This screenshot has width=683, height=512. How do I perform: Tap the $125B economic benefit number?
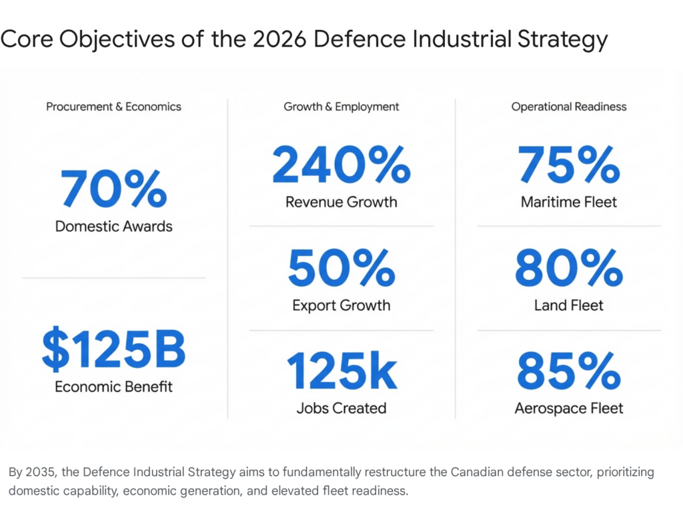pyautogui.click(x=113, y=351)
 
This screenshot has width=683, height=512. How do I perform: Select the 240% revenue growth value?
pyautogui.click(x=341, y=165)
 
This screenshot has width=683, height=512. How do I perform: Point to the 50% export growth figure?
pyautogui.click(x=341, y=269)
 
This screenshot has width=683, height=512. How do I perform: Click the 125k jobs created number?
pyautogui.click(x=341, y=372)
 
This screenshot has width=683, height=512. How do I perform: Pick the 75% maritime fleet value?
pyautogui.click(x=569, y=165)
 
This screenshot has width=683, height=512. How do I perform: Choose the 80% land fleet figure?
pyautogui.click(x=569, y=269)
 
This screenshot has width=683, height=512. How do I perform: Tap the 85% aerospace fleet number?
pyautogui.click(x=569, y=372)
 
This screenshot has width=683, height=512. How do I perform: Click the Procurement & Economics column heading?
pyautogui.click(x=113, y=107)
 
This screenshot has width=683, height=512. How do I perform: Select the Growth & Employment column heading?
pyautogui.click(x=341, y=107)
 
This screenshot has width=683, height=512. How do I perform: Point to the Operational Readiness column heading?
pyautogui.click(x=569, y=107)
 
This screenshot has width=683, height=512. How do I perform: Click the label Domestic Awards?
pyautogui.click(x=113, y=227)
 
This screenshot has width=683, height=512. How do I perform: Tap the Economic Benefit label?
pyautogui.click(x=113, y=387)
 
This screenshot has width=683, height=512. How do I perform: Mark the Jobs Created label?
pyautogui.click(x=341, y=408)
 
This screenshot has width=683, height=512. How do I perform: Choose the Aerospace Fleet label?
pyautogui.click(x=569, y=408)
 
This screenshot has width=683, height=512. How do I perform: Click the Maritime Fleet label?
pyautogui.click(x=569, y=201)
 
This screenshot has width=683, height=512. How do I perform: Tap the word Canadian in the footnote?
pyautogui.click(x=478, y=473)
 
